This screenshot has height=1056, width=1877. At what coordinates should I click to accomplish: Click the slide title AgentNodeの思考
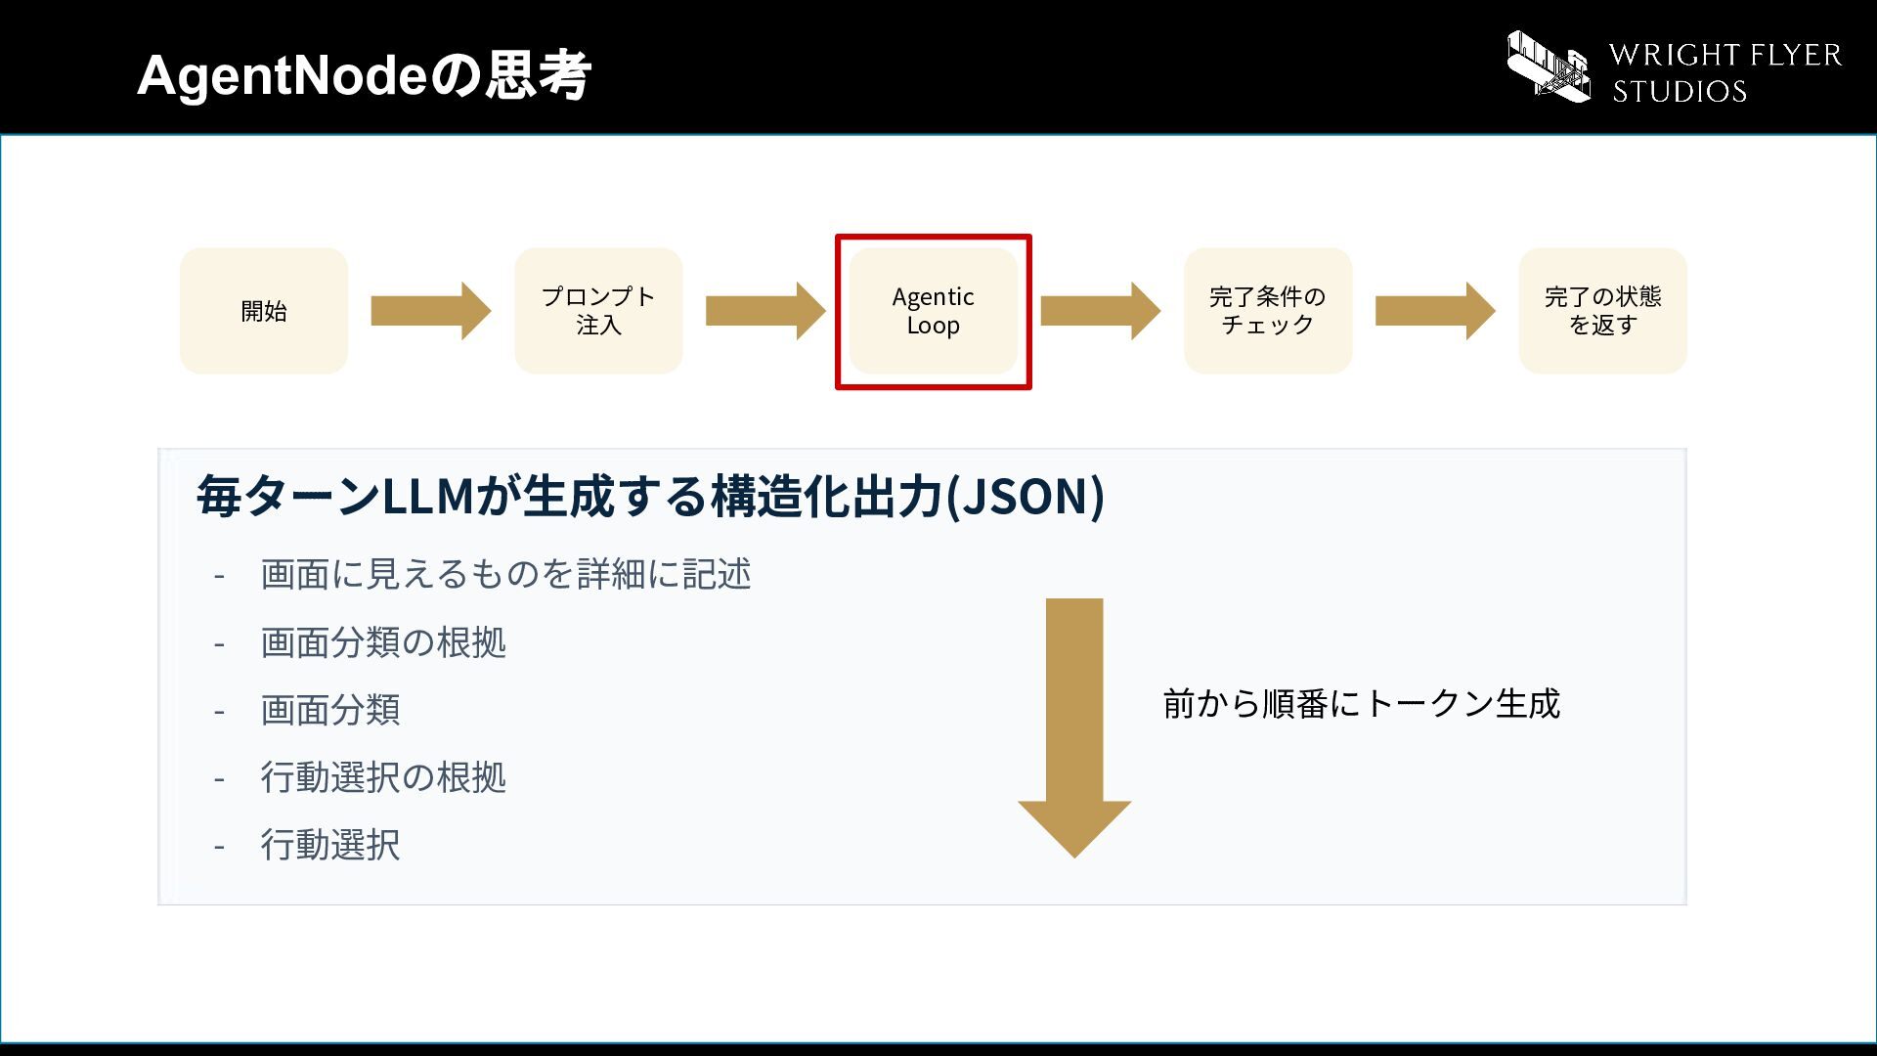coord(364,75)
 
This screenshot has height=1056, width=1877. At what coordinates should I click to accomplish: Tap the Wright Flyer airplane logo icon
coord(1549,66)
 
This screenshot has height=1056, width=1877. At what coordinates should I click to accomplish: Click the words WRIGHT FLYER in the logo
coord(1725,55)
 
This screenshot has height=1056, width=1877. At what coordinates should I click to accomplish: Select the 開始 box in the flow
coord(264,311)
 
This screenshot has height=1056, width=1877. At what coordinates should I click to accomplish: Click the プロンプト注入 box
coord(598,311)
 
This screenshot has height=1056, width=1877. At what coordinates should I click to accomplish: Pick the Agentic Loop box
coord(934,311)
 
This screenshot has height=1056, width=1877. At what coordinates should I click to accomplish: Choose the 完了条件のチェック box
coord(1268,311)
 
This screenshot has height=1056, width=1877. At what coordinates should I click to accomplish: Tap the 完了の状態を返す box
coord(1602,311)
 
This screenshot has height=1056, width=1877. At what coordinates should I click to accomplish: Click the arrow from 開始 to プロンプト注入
coord(431,311)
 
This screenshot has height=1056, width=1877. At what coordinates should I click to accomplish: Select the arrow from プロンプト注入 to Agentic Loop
coord(765,311)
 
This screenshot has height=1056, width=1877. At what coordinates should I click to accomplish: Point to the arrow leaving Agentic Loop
coord(1101,311)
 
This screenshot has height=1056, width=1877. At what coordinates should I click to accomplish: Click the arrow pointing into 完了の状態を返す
coord(1435,311)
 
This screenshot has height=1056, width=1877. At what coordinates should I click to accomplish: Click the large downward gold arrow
coord(1074,728)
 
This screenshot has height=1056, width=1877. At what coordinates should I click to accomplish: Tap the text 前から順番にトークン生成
coord(1362,704)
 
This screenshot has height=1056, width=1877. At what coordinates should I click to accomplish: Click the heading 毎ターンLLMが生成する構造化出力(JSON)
coord(651,496)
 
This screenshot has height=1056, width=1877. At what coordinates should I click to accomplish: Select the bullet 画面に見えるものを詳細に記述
coord(505,574)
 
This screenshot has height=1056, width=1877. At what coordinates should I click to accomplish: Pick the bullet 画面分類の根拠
coord(383,642)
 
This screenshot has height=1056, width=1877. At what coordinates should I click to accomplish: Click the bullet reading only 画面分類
coord(330,710)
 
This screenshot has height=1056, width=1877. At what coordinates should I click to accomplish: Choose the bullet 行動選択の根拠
coord(383,777)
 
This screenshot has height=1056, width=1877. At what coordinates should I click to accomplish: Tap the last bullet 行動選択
coord(330,845)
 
